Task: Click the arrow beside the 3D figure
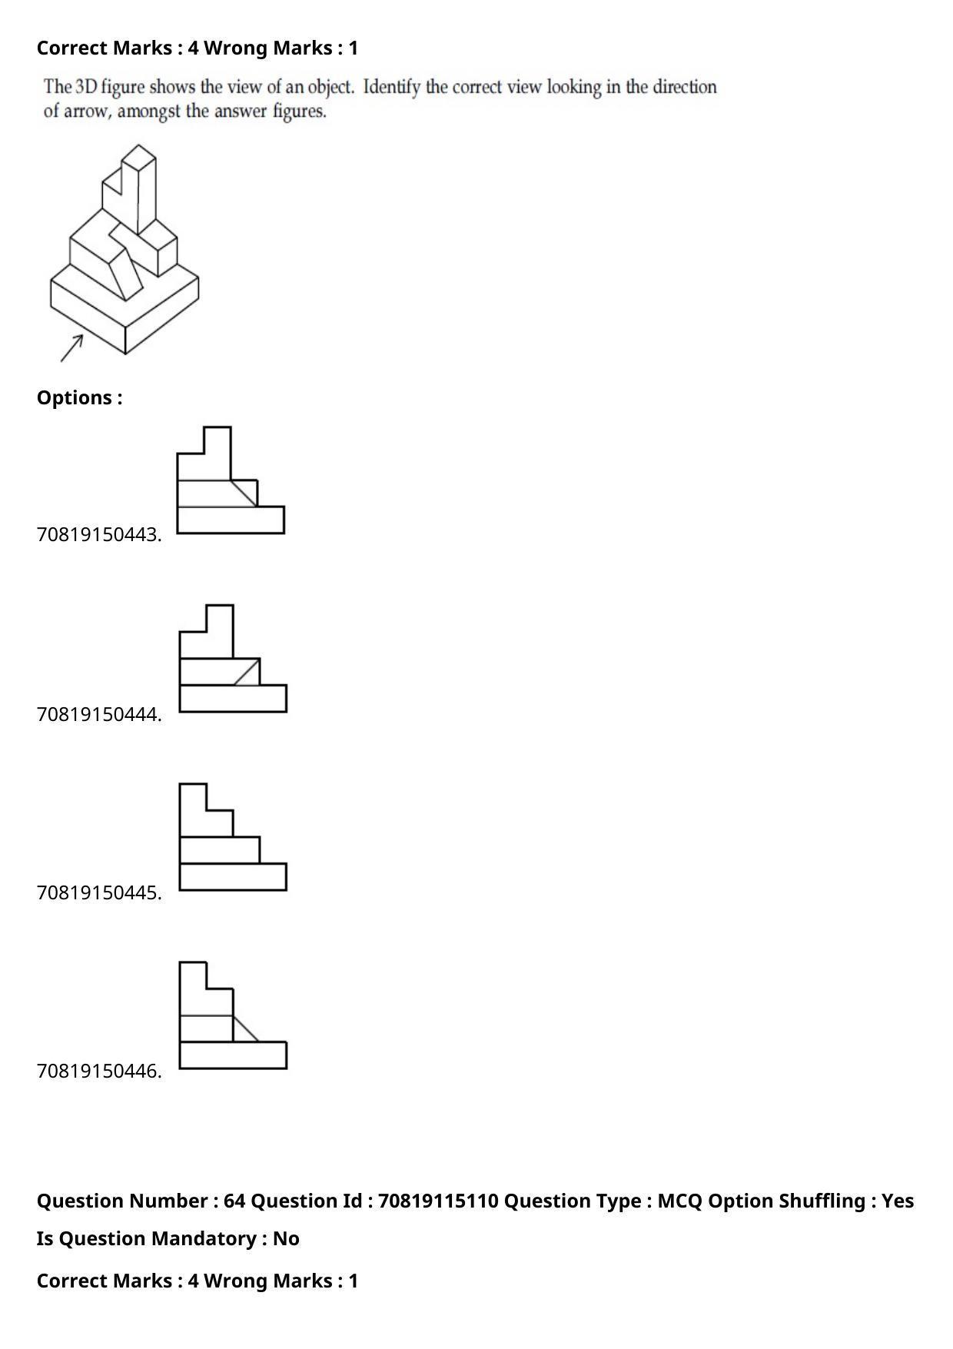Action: (x=71, y=348)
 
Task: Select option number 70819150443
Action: (x=99, y=534)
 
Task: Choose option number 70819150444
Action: (x=99, y=714)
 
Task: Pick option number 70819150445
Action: (x=99, y=892)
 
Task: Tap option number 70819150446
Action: (x=99, y=1071)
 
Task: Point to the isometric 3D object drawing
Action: (x=125, y=249)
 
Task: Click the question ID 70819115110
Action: (x=439, y=1201)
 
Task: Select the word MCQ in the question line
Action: (x=680, y=1201)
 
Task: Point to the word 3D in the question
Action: (x=85, y=86)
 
